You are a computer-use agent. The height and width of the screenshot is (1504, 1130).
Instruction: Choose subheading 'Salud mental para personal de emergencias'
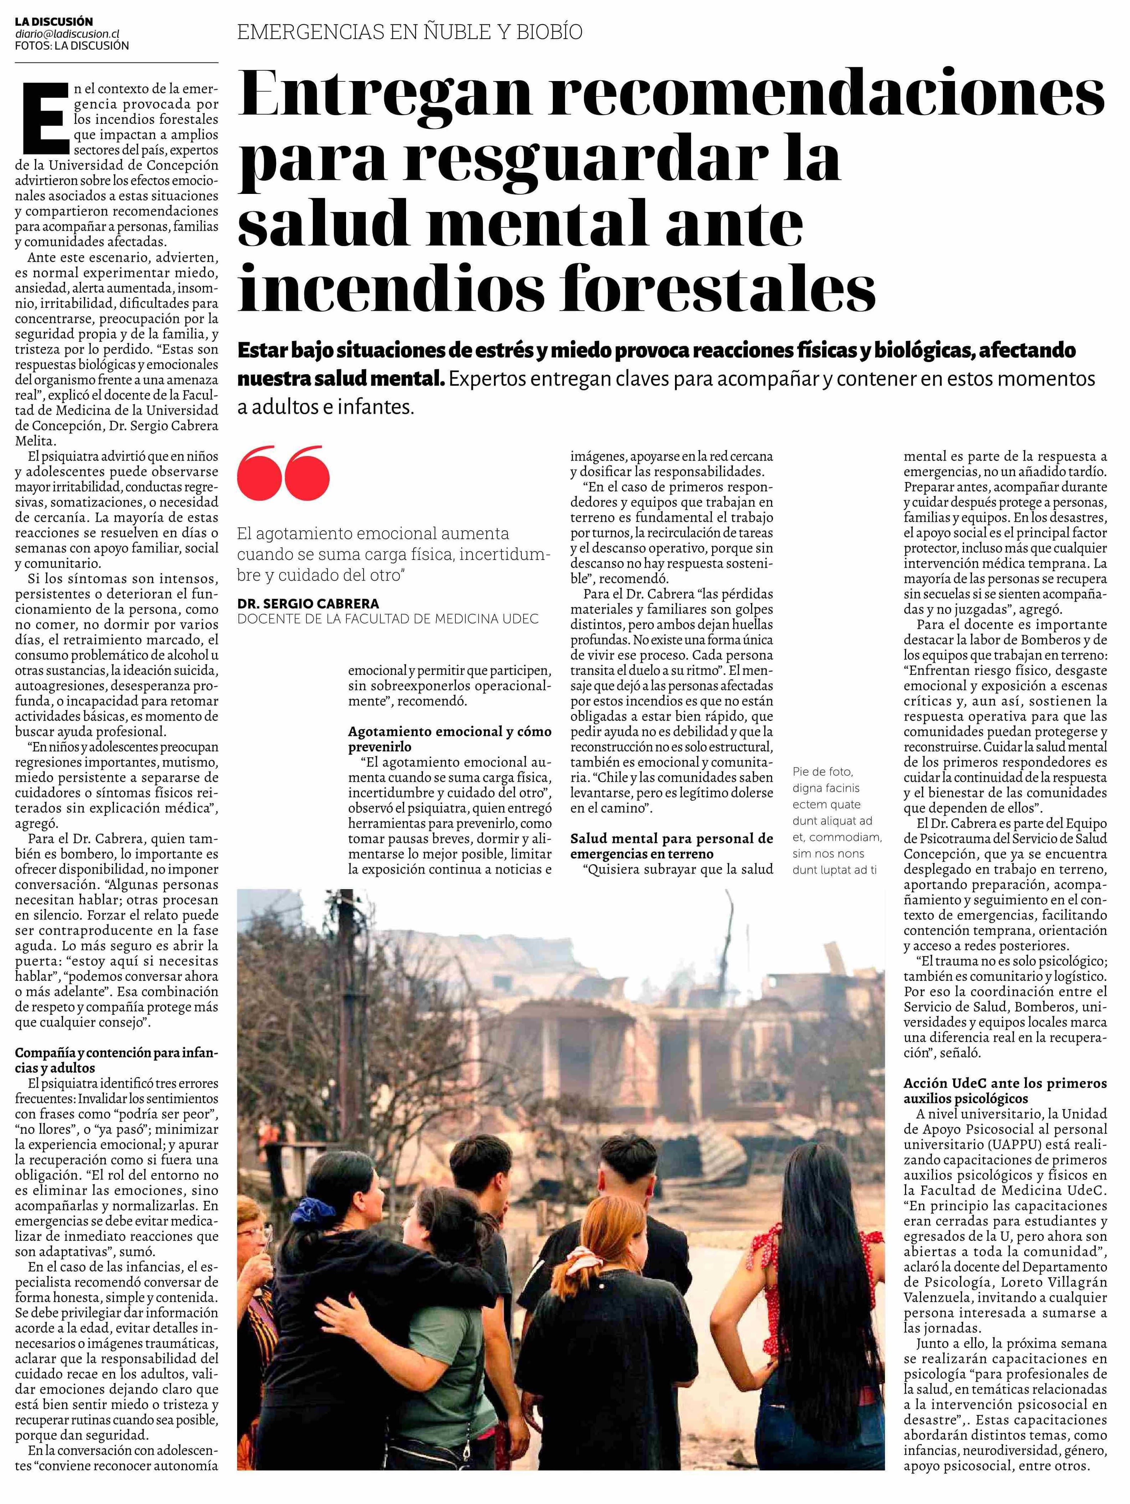672,845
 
